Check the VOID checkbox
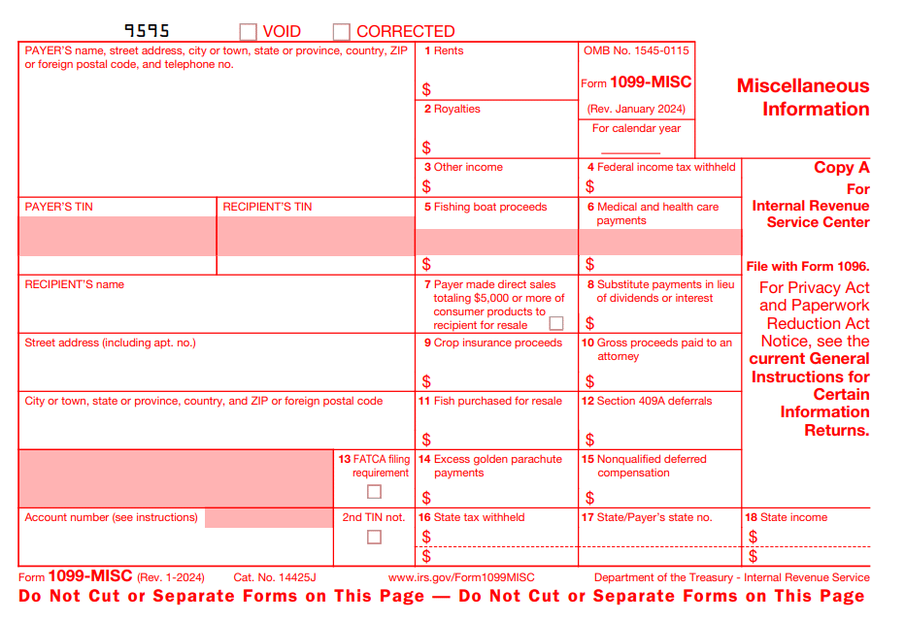tap(249, 32)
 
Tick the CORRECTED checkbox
tap(341, 32)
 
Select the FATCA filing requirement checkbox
tap(374, 492)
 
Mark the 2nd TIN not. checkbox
tap(374, 537)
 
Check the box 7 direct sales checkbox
tap(556, 324)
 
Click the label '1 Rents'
tap(444, 50)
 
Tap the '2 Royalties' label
tap(452, 109)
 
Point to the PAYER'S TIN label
tap(58, 207)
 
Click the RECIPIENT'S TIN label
tap(267, 207)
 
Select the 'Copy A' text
tap(841, 167)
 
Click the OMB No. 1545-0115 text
tap(636, 50)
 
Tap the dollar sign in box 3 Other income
tap(426, 186)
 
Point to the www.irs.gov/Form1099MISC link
tap(461, 577)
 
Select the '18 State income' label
tap(786, 517)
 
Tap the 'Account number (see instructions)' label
tap(111, 517)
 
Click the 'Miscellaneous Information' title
tap(803, 97)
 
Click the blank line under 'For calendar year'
tap(630, 151)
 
